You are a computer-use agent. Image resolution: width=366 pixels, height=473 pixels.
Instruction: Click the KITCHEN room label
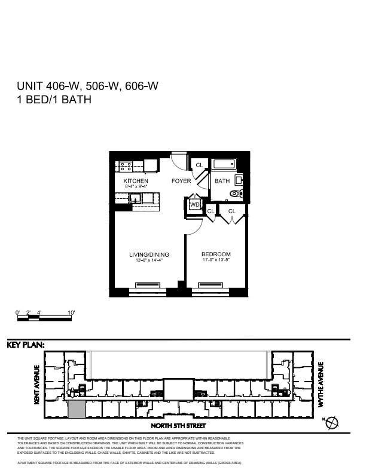(x=136, y=181)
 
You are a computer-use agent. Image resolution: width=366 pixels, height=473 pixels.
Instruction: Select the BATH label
(x=222, y=181)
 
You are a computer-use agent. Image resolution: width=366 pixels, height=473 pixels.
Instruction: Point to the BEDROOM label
(x=216, y=254)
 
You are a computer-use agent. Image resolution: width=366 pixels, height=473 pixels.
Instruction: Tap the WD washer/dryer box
(x=194, y=205)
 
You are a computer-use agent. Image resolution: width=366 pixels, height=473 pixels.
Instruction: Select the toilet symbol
(x=234, y=193)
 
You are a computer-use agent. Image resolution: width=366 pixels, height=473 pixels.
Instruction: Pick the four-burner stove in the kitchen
(x=125, y=165)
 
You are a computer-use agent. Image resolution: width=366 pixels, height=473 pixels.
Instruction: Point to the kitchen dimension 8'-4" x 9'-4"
(x=136, y=187)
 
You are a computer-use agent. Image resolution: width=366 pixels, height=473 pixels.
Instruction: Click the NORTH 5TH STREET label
(x=178, y=426)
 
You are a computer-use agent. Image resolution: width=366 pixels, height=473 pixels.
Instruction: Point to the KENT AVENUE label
(x=37, y=385)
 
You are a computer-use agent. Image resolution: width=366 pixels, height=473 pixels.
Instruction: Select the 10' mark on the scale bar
(x=71, y=312)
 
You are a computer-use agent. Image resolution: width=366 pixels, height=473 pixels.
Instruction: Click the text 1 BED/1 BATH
(x=54, y=100)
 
